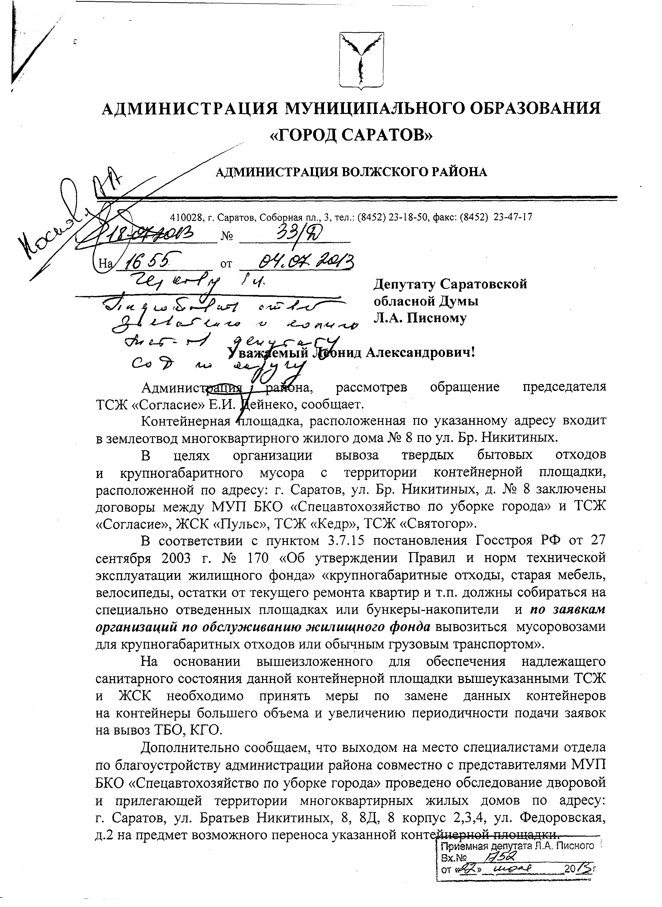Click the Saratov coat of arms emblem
(362, 60)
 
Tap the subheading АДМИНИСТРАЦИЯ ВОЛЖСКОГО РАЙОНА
(351, 172)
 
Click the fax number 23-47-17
(513, 217)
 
